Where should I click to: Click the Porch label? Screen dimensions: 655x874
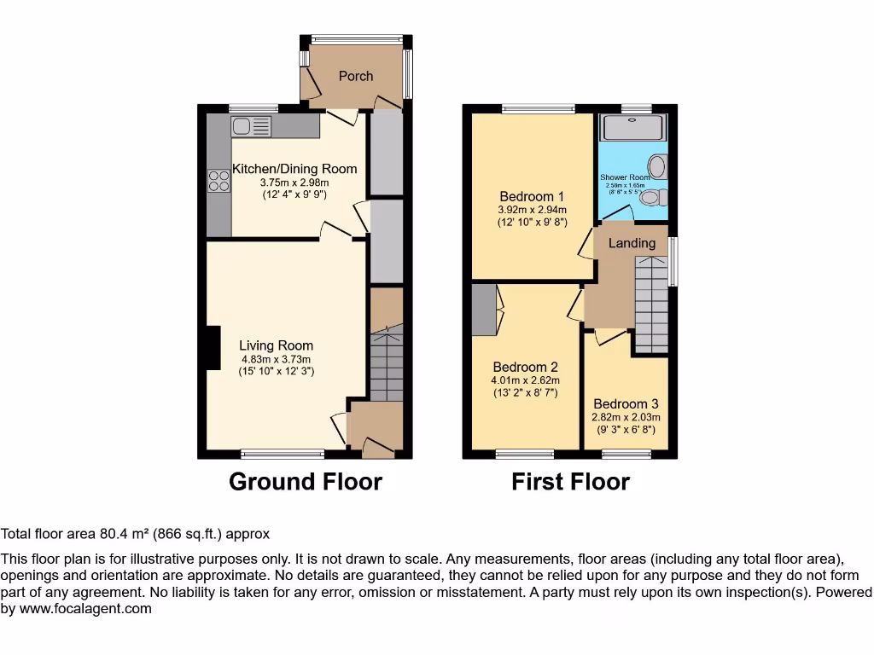(356, 76)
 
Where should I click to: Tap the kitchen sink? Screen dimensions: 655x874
(251, 127)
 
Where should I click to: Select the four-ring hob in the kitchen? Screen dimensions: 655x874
(218, 181)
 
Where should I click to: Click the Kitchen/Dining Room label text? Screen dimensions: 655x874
(294, 168)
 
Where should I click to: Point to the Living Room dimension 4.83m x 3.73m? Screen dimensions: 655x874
(276, 359)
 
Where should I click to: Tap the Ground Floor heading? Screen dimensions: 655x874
(306, 482)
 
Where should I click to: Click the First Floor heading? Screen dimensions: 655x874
(570, 482)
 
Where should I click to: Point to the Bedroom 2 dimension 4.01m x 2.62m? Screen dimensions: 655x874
(525, 380)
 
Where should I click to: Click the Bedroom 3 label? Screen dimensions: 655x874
(626, 403)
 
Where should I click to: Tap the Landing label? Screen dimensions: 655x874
(632, 243)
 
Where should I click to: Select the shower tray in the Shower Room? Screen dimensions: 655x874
(633, 128)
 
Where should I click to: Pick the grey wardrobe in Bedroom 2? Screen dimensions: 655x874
(483, 310)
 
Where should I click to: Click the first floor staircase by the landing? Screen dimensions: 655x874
(651, 303)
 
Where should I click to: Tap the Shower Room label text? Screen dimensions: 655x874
(625, 177)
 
